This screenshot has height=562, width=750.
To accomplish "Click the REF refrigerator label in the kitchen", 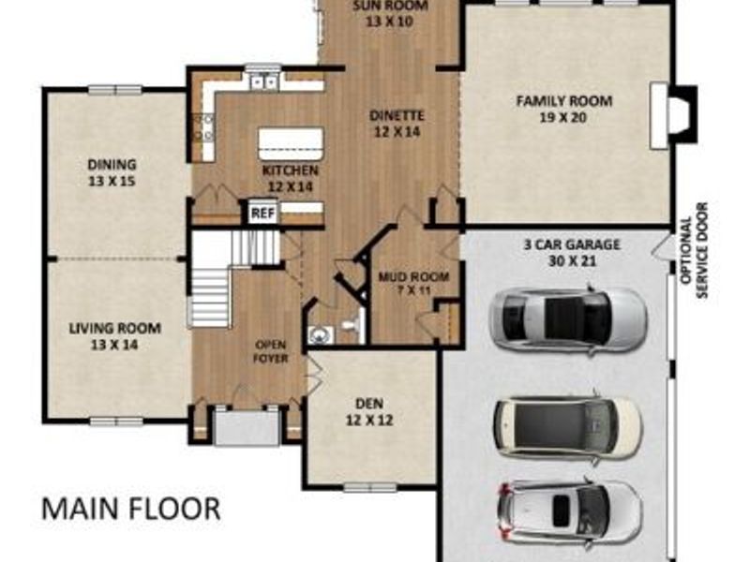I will (x=262, y=214).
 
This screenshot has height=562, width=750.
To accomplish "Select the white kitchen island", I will (x=291, y=143).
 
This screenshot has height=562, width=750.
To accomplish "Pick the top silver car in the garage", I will (x=567, y=318).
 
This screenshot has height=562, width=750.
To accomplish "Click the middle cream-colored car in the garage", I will (x=568, y=428).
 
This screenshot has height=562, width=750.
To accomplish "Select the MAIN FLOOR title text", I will (x=131, y=509).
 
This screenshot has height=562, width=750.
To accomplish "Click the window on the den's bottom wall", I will (x=369, y=487).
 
